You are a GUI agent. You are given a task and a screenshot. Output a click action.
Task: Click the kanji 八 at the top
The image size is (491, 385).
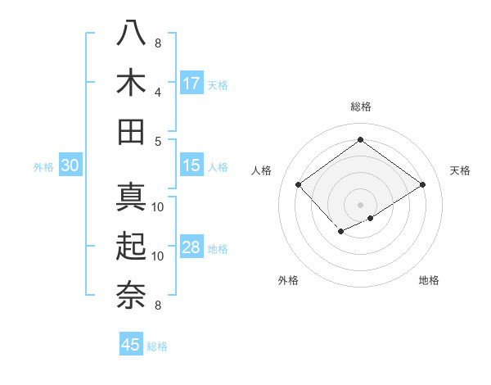tap(132, 34)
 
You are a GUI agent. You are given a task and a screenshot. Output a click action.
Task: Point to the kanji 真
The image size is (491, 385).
tap(132, 197)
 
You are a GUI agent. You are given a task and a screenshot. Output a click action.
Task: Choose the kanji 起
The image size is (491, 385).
tap(132, 246)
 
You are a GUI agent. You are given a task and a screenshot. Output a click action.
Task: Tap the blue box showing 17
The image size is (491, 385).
tap(191, 84)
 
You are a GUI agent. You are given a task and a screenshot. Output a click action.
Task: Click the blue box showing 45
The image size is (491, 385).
tap(131, 345)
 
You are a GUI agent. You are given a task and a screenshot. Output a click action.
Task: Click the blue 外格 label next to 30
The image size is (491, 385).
tap(43, 167)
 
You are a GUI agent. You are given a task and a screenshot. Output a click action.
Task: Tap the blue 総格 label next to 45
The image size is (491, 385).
tap(157, 346)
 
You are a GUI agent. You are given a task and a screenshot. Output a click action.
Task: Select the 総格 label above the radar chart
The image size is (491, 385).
tap(360, 106)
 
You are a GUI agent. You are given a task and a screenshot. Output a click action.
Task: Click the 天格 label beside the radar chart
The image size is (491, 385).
tap(460, 170)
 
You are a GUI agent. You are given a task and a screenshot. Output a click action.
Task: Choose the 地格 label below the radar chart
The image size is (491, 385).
tap(429, 280)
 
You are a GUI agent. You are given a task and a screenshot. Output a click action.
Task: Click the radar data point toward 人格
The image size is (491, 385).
tap(299, 185)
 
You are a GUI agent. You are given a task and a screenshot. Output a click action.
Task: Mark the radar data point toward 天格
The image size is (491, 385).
tap(422, 185)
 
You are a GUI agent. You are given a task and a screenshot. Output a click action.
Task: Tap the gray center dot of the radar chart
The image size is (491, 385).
tap(360, 204)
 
